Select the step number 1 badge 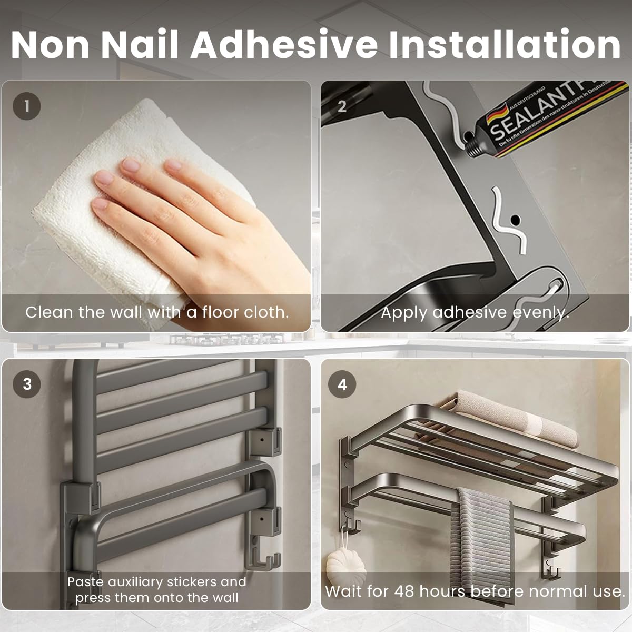(26, 106)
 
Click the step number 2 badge (342, 106)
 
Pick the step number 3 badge (27, 384)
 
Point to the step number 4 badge (342, 384)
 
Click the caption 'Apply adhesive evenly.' (475, 312)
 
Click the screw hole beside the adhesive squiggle (515, 218)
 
